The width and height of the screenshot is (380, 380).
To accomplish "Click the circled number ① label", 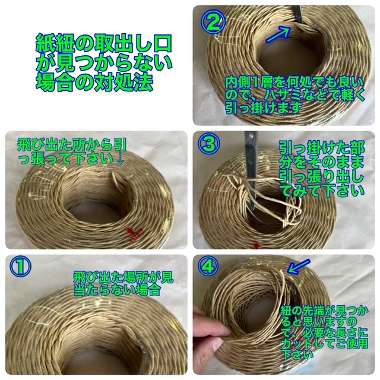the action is [x=20, y=267].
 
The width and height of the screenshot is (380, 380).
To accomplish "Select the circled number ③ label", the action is [x=209, y=144].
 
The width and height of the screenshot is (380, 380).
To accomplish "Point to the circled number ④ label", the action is [x=208, y=267].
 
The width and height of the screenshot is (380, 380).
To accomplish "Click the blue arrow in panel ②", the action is [x=278, y=34].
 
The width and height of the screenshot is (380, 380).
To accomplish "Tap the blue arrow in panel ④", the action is [x=298, y=267].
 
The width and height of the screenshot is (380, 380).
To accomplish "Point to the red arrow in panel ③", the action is [x=257, y=246].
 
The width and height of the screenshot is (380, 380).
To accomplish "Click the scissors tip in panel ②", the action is [x=302, y=24].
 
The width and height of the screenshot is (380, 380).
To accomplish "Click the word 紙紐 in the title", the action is [x=55, y=43].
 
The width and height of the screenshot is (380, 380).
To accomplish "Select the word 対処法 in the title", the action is [x=123, y=82].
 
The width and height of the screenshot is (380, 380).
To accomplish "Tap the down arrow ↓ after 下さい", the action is [x=120, y=159].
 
